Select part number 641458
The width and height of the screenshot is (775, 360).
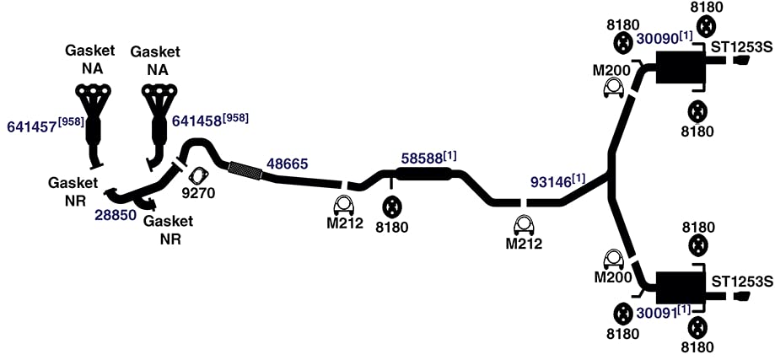[196, 121]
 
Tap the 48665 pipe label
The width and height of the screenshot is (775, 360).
[288, 164]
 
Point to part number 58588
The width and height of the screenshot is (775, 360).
[422, 159]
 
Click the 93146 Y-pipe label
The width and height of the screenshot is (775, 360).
[551, 182]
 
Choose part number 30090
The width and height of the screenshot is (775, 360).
[656, 39]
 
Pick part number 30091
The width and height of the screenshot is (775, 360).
[656, 312]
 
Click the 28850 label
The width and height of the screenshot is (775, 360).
[116, 217]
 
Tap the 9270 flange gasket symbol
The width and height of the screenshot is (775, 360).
[198, 176]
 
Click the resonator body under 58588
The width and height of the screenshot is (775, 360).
[423, 174]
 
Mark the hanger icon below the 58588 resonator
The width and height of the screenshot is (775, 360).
[393, 209]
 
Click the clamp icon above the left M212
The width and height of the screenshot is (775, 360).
[344, 205]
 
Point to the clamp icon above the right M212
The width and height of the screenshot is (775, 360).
[524, 226]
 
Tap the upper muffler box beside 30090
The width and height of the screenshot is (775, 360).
[680, 67]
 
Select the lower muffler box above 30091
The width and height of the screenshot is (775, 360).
[680, 287]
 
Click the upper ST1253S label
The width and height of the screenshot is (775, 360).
[741, 48]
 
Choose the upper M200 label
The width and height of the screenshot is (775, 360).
[612, 71]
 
